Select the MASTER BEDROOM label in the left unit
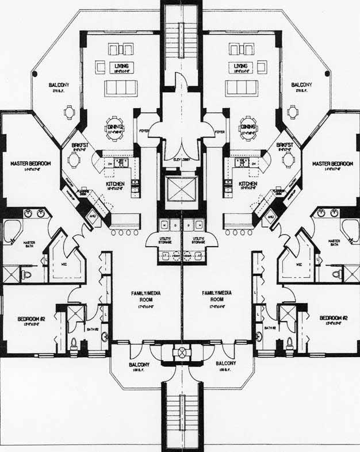[x=30, y=164]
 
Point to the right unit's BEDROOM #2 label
[x=334, y=319]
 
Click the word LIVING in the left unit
[x=121, y=67]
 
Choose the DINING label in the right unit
[x=248, y=127]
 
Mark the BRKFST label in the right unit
[x=285, y=145]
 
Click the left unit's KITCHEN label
[x=115, y=185]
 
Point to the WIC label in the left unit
[x=64, y=265]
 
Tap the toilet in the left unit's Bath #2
[x=74, y=343]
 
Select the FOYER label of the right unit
[x=219, y=131]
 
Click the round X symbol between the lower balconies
[x=182, y=352]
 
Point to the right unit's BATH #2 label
[x=270, y=328]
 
